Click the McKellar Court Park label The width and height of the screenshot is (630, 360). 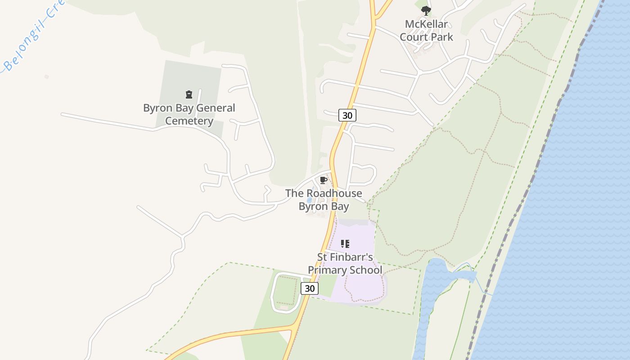click(x=426, y=30)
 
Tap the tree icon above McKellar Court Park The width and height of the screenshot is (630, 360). click(x=426, y=11)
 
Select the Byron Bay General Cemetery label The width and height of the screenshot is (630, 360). click(x=189, y=114)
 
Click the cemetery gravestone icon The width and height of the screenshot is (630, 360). click(x=189, y=94)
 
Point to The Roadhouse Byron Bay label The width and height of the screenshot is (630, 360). click(x=324, y=200)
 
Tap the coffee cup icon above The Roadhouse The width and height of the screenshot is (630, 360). click(x=323, y=180)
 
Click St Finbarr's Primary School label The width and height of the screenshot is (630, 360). click(x=345, y=263)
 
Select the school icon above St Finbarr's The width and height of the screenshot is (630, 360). click(x=345, y=244)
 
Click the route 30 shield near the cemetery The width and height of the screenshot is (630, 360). click(x=347, y=115)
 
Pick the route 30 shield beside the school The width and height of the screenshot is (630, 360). click(x=310, y=288)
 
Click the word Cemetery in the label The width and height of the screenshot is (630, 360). click(x=189, y=121)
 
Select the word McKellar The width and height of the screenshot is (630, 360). click(x=426, y=24)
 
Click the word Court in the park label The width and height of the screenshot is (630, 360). click(x=413, y=37)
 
